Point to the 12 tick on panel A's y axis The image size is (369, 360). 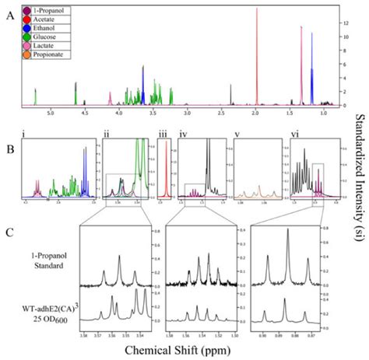click(x=332, y=23)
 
